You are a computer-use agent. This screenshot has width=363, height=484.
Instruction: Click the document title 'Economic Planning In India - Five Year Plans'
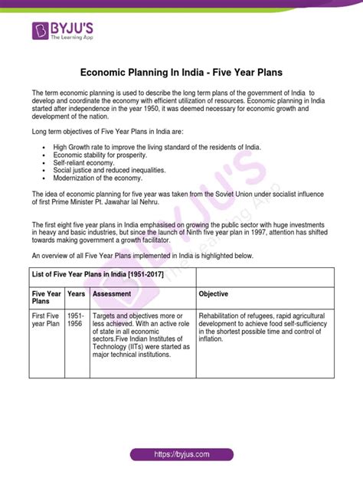point(181,73)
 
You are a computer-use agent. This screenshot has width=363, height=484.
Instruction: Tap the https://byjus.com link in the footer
point(181,453)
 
